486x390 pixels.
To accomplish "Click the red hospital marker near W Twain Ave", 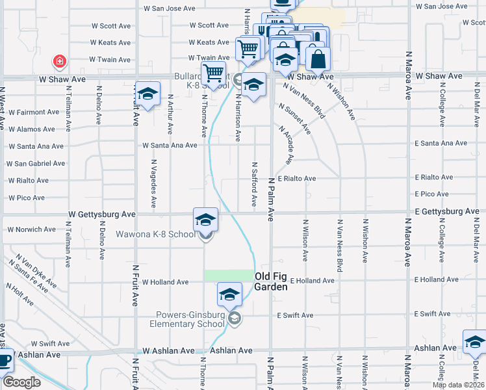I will tap(60, 62).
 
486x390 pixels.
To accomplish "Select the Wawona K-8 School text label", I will tap(155, 234).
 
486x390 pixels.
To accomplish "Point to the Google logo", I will tap(21, 382).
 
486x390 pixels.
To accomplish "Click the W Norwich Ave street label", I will tap(31, 229).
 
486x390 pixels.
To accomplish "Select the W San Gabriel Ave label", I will tap(36, 164).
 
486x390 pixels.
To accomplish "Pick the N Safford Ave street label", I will tap(255, 183).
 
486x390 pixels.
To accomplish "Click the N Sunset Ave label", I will tap(294, 118).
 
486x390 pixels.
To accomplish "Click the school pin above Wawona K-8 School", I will tap(205, 220).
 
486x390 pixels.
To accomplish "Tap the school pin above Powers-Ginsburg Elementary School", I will tap(229, 296).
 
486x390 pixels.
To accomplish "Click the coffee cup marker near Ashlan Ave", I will tap(5, 359).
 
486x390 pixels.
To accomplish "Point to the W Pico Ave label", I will tap(27, 198).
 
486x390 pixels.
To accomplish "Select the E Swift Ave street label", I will tap(294, 315).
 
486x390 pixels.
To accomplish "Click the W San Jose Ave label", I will tap(169, 8).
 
